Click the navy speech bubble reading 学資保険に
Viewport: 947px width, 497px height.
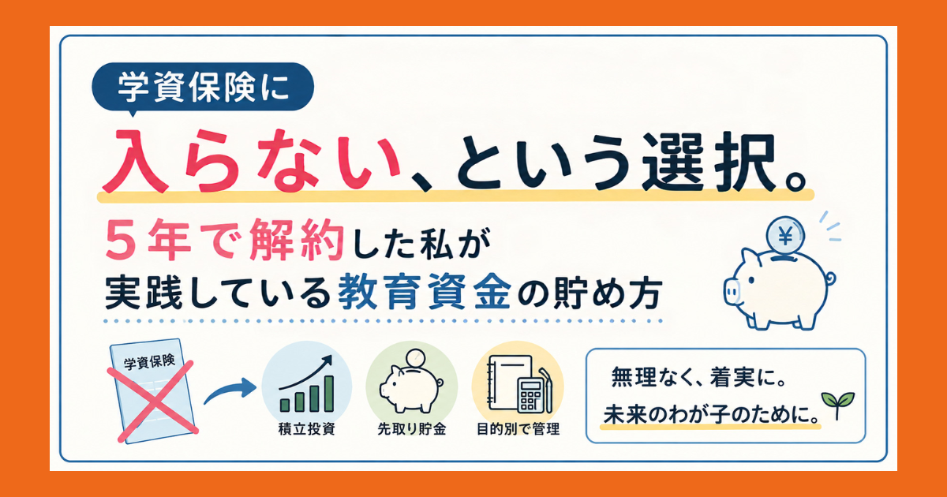[x=203, y=88]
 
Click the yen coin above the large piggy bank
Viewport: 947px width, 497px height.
[x=785, y=236]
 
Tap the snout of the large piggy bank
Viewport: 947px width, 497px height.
[x=732, y=291]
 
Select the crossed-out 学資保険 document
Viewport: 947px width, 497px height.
[x=152, y=391]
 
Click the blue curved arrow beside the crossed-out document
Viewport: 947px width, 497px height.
[x=230, y=391]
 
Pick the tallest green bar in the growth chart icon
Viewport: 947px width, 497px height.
[x=328, y=394]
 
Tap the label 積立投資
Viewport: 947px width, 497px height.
[x=307, y=429]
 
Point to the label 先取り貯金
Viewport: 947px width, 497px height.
[x=411, y=429]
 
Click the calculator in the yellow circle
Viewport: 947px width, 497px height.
[x=531, y=396]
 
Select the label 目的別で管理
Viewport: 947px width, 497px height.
[x=518, y=429]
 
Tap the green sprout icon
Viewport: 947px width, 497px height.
[x=837, y=405]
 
